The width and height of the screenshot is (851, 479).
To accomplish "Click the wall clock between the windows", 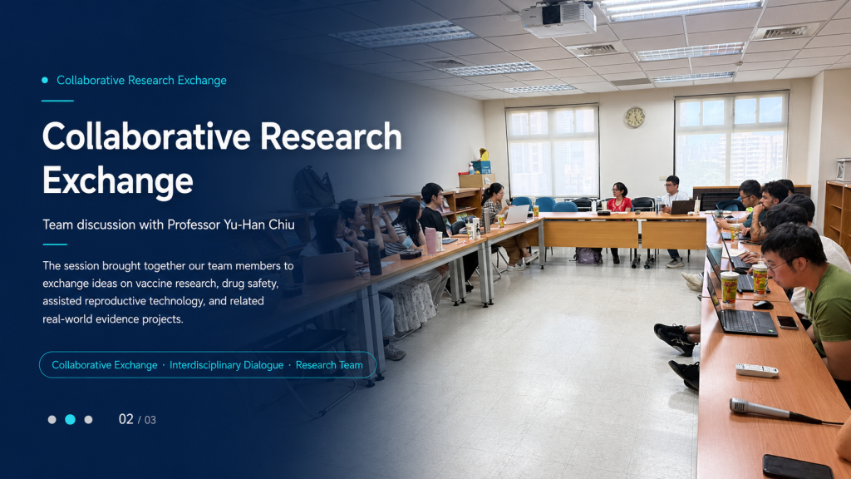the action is click(634, 117).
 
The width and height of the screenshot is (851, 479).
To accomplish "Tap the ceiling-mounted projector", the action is click(558, 19).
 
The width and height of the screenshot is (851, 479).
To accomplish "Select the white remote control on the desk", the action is click(756, 370).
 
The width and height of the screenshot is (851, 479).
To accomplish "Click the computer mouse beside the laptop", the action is click(762, 304).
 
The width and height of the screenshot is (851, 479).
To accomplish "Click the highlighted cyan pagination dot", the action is click(70, 419).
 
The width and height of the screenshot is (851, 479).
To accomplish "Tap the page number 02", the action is click(126, 419).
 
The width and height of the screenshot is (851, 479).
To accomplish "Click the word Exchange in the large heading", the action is click(118, 181).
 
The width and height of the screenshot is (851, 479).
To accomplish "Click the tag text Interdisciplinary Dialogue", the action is click(226, 365).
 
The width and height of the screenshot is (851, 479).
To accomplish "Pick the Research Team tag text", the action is click(329, 365).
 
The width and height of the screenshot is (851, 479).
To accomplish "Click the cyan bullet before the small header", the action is click(45, 81).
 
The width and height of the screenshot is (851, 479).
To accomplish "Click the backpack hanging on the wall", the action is click(313, 187).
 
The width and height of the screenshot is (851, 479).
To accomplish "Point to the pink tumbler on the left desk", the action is click(430, 241).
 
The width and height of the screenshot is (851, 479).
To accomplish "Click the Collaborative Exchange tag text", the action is click(104, 365).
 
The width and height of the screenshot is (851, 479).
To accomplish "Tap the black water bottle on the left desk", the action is click(374, 257).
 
